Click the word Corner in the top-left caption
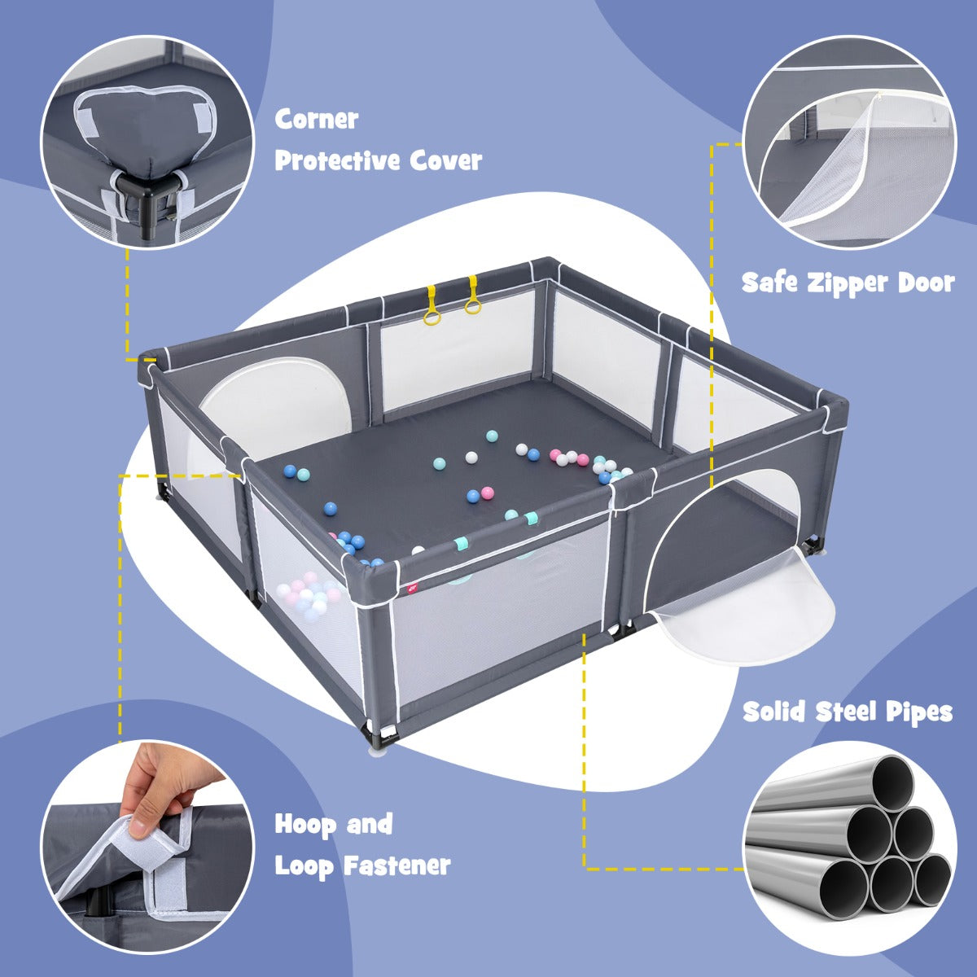pyautogui.click(x=317, y=120)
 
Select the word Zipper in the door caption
pyautogui.click(x=848, y=283)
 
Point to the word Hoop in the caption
pyautogui.click(x=305, y=825)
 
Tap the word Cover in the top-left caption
pyautogui.click(x=447, y=160)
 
